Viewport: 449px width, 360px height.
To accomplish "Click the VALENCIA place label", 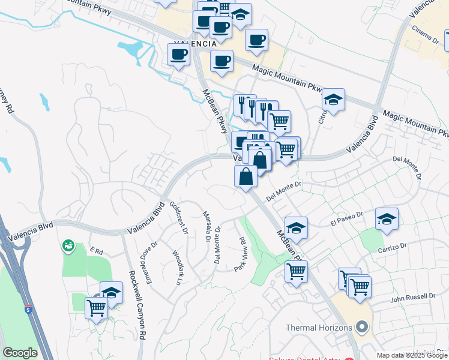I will pyautogui.click(x=194, y=44).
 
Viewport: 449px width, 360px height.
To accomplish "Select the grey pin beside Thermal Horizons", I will pyautogui.click(x=361, y=328).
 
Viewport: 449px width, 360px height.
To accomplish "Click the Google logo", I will pyautogui.click(x=19, y=353).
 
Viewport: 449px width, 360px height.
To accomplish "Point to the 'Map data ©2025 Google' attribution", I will pyautogui.click(x=412, y=355).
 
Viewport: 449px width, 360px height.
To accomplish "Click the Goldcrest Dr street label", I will pyautogui.click(x=179, y=217).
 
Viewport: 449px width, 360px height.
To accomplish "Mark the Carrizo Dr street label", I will pyautogui.click(x=393, y=246).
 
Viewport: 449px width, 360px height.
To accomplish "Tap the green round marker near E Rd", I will pyautogui.click(x=68, y=245).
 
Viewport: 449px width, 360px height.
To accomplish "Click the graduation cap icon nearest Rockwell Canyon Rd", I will pyautogui.click(x=112, y=292).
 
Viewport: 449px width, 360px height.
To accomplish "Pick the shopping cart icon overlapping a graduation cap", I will pyautogui.click(x=97, y=307).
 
